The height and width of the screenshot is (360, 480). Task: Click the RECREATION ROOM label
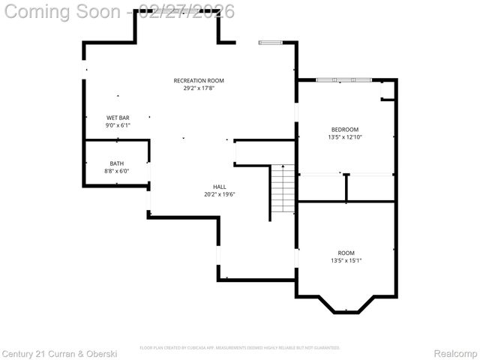(199, 80)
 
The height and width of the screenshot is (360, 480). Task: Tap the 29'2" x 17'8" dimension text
(199, 88)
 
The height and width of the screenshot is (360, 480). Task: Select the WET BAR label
(118, 118)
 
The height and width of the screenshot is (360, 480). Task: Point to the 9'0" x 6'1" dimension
(118, 125)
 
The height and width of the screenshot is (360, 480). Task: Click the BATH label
(116, 163)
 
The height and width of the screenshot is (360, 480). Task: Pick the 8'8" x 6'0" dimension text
(116, 171)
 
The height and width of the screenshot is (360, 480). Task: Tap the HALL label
(220, 187)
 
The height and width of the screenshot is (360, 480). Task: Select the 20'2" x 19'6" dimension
(220, 194)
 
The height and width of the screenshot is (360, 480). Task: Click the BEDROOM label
(345, 129)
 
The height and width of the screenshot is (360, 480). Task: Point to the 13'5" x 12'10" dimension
(345, 137)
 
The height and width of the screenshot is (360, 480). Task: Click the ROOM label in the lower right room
(346, 253)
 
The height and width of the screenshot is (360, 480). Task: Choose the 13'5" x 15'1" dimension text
(346, 261)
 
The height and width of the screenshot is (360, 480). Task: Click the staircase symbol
(282, 189)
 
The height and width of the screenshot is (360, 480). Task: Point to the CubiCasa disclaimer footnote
(240, 348)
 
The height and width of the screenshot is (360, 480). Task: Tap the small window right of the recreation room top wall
(270, 43)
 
